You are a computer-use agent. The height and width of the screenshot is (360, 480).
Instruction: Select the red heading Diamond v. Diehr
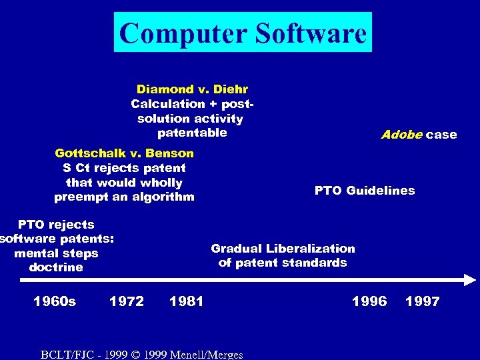click(192, 89)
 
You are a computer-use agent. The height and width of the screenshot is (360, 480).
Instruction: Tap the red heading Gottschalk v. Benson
click(124, 153)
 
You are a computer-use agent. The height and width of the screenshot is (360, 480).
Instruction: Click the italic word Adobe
click(401, 135)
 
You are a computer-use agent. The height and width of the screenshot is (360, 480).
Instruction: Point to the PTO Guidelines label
click(364, 191)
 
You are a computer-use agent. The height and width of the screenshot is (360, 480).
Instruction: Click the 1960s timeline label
click(55, 301)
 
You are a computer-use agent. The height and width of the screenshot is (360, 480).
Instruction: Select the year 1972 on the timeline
click(127, 301)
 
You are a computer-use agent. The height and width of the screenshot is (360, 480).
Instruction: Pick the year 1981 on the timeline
click(187, 301)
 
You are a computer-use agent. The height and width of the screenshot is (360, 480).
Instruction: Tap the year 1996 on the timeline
click(369, 301)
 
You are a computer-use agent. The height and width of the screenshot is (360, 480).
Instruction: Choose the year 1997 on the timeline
click(422, 301)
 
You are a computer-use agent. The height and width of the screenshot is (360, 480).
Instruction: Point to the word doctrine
click(56, 267)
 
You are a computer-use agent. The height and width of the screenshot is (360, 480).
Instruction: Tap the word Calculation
click(168, 104)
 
